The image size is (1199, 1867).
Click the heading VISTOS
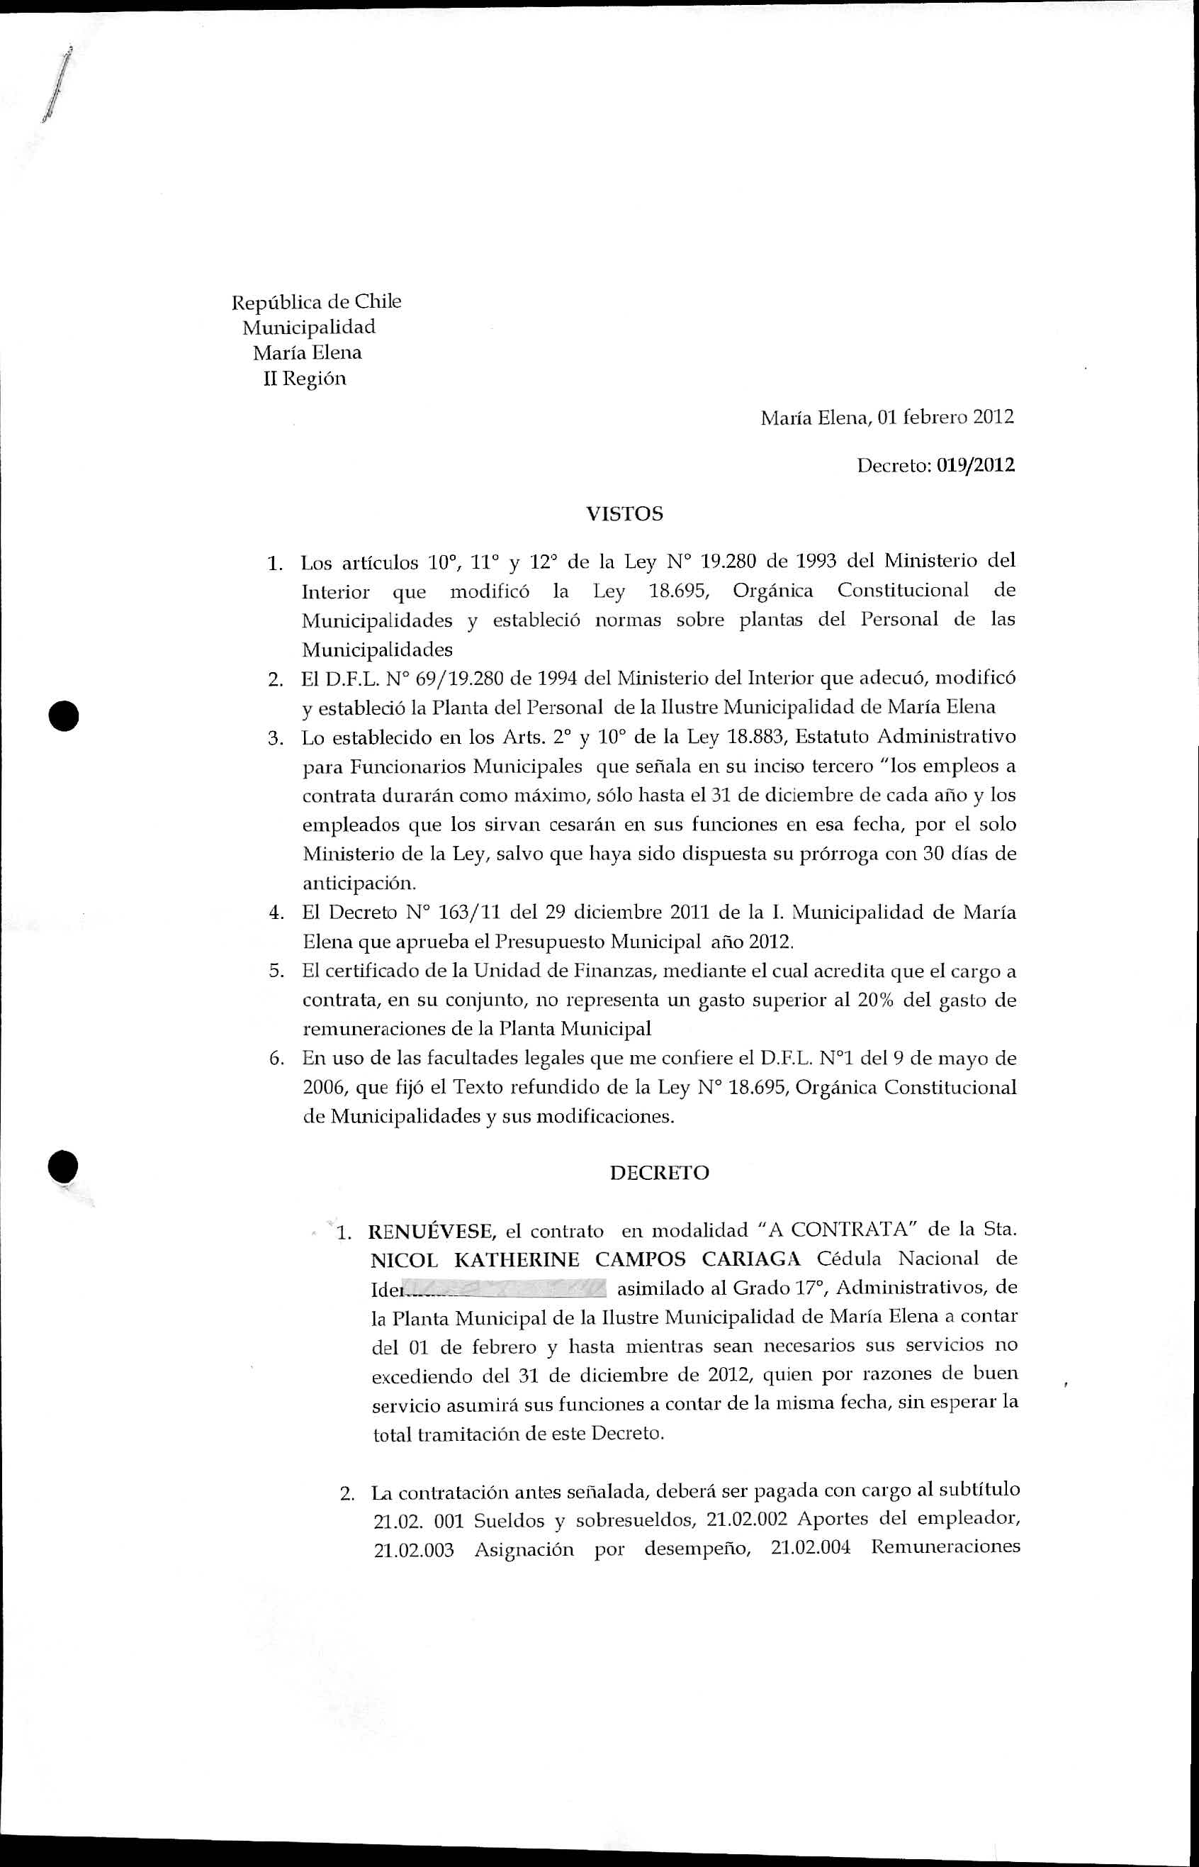tap(624, 514)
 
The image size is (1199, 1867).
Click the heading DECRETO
tap(660, 1173)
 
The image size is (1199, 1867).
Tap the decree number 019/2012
tap(976, 466)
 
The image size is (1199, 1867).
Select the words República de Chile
tap(316, 301)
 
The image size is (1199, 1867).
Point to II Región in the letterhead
tap(305, 379)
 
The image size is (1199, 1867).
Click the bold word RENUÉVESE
tap(432, 1231)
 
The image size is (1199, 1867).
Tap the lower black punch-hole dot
tap(62, 1166)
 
